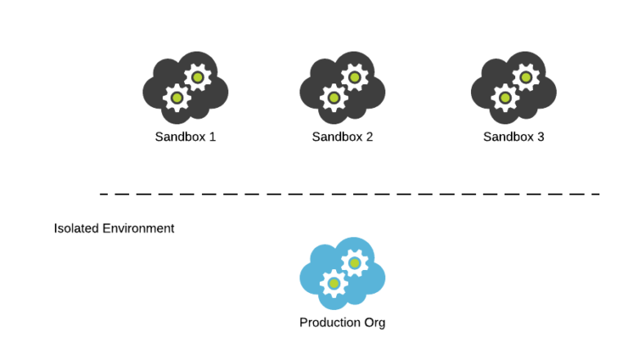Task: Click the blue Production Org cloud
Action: (342, 273)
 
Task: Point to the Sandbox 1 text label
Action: (185, 137)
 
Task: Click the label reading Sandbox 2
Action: (342, 137)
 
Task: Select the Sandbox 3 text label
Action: (514, 137)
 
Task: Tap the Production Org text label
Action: (342, 322)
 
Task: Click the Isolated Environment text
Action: (114, 228)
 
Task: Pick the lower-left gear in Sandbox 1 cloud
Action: (177, 98)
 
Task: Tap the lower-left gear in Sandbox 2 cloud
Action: (334, 98)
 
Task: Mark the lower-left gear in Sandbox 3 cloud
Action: (505, 98)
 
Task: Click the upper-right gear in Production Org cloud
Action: (354, 263)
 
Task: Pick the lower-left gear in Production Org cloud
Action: (334, 284)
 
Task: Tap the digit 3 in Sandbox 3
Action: (541, 137)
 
